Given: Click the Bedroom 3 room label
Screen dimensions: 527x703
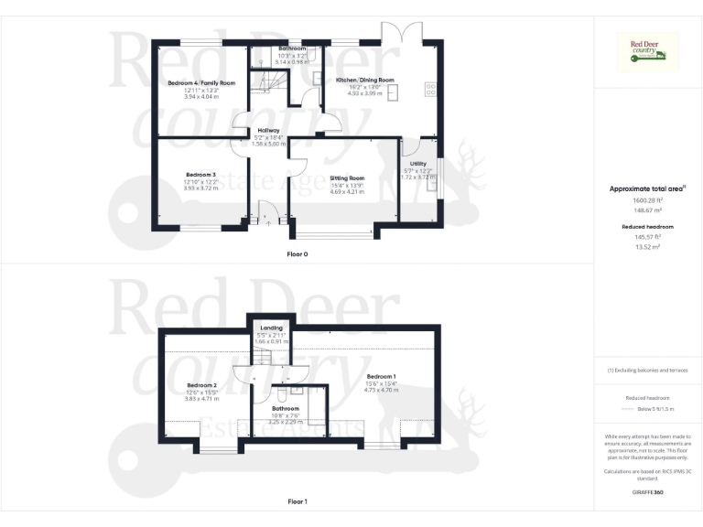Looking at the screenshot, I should click(200, 175).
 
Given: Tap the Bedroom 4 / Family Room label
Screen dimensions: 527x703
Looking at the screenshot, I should click(201, 83).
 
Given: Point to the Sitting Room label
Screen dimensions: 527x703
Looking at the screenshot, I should click(348, 178).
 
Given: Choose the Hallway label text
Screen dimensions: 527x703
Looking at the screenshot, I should click(268, 130).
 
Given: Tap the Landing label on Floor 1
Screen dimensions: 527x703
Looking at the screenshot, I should click(272, 328).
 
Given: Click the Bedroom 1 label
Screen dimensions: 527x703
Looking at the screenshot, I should click(382, 377).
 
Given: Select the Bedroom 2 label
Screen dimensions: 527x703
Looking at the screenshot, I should click(200, 385).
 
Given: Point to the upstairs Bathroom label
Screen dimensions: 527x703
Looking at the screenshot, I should click(285, 408).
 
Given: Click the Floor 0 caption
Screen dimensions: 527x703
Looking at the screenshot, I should click(297, 253).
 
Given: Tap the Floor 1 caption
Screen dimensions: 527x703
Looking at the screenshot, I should click(297, 501).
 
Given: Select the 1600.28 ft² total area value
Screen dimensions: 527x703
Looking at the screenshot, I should click(647, 199).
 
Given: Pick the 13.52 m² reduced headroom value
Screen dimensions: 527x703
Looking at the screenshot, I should click(647, 246).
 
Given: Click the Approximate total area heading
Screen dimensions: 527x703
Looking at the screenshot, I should click(647, 189).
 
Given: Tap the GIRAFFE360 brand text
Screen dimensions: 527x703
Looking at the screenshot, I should click(647, 493).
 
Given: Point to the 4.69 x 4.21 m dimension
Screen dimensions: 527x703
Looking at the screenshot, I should click(348, 193).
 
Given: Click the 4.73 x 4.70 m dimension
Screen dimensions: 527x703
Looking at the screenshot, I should click(382, 390).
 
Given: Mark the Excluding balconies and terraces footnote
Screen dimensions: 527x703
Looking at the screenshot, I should click(647, 371).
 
